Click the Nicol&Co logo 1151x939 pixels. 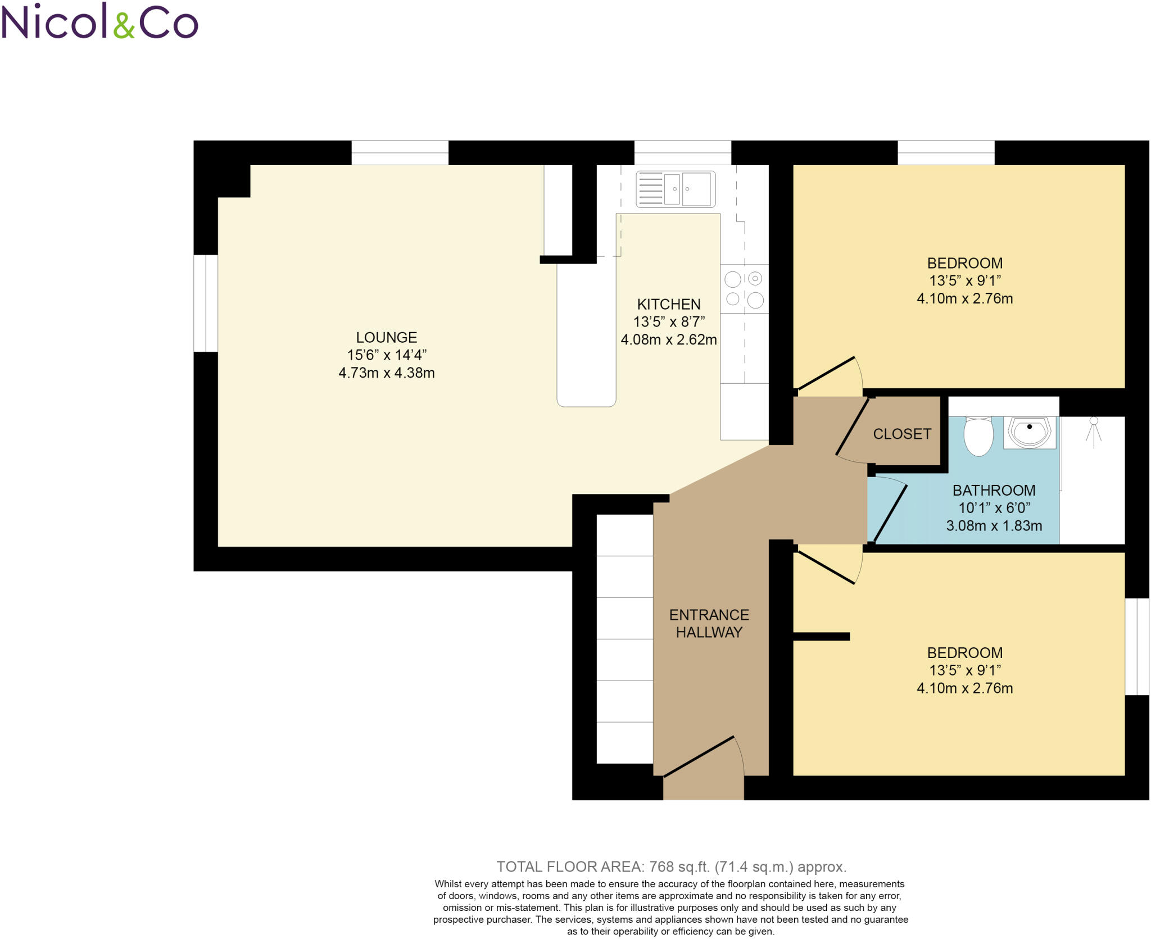coord(99,22)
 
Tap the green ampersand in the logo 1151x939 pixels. coord(124,25)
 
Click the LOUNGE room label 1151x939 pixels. coord(386,337)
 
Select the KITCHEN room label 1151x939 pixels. coord(668,304)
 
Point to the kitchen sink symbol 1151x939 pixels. coord(676,189)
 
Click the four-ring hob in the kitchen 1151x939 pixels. coord(744,289)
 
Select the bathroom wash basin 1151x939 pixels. coord(1030,432)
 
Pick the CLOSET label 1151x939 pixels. coord(902,434)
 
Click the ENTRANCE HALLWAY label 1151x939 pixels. coord(709,623)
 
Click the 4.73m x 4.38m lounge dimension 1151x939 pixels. coord(386,373)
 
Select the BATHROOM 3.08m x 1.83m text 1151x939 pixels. coord(994,525)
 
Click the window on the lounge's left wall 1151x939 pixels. coord(206,303)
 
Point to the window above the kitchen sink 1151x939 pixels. coord(682,153)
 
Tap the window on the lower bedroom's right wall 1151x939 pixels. coord(1136,646)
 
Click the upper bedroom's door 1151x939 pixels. coord(826,373)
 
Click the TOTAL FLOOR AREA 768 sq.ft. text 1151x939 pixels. coord(671,867)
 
